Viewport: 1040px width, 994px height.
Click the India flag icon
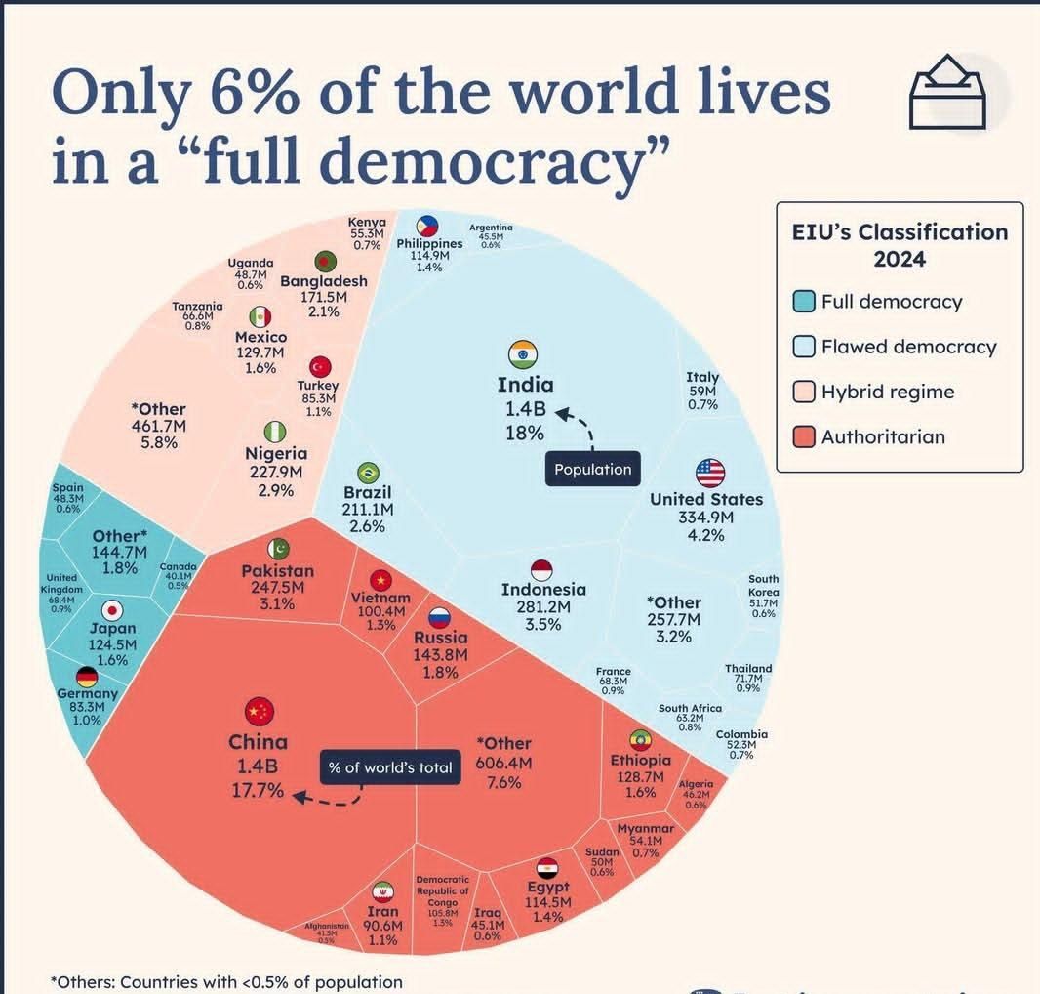(524, 354)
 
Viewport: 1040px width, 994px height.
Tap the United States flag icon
(710, 473)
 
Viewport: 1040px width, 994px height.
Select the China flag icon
(260, 711)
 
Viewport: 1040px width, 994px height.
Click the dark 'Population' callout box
(593, 469)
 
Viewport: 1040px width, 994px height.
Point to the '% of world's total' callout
(390, 767)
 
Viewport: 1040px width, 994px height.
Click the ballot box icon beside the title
(947, 92)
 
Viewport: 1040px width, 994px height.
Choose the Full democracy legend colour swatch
(803, 302)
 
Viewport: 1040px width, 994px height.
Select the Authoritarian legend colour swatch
(803, 436)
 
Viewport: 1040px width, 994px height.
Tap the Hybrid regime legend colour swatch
(803, 392)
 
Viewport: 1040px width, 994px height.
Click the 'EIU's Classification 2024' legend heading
(899, 245)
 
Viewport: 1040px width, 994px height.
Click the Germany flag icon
(87, 677)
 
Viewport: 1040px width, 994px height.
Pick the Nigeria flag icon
(276, 431)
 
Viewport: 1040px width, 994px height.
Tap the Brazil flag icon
(368, 474)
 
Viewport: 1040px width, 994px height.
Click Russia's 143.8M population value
(441, 654)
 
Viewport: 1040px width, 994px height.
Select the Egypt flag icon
(547, 867)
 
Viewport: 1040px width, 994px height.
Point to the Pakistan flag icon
(278, 549)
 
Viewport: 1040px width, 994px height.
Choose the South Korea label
(763, 586)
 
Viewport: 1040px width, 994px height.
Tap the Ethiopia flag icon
(641, 739)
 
